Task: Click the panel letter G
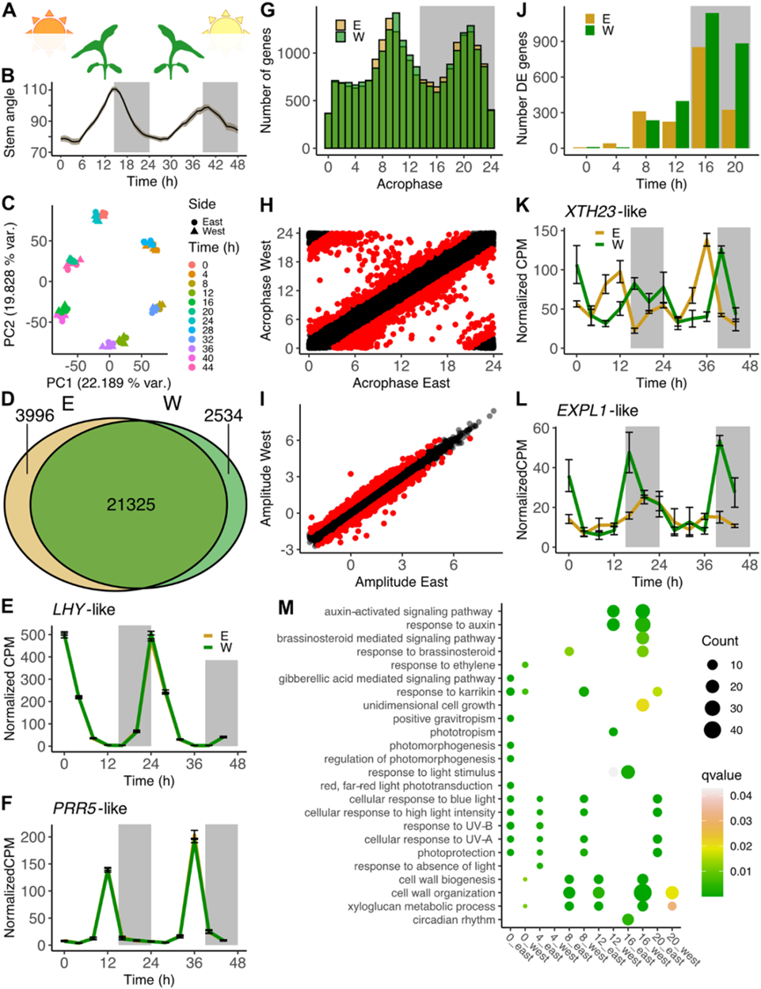point(267,11)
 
